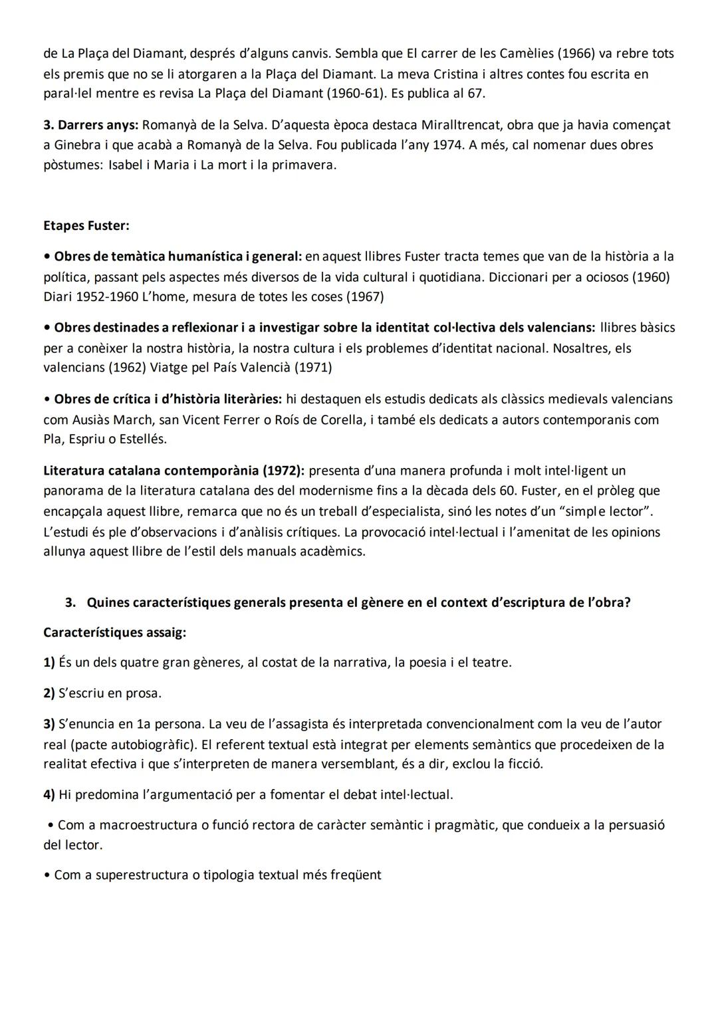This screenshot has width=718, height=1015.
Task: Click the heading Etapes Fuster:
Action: pos(86,225)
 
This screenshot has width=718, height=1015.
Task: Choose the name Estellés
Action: pos(142,439)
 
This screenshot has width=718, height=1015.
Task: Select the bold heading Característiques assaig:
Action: pos(114,633)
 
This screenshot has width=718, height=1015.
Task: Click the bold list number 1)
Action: pos(49,663)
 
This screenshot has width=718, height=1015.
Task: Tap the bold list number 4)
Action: pos(49,794)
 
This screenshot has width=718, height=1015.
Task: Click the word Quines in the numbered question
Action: pos(108,603)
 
